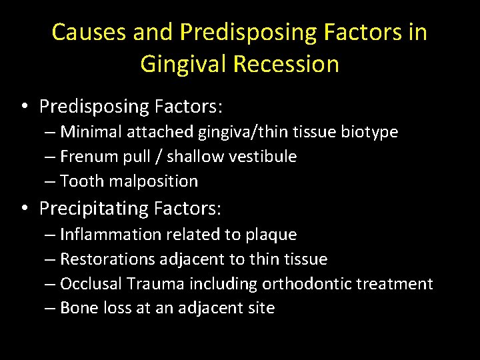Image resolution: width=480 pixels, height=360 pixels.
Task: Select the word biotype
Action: click(369, 132)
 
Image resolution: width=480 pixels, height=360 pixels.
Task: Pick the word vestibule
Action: click(265, 157)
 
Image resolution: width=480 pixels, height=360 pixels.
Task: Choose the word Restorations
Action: click(101, 259)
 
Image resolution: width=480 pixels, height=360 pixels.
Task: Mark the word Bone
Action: click(76, 308)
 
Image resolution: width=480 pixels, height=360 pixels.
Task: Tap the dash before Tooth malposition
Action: click(51, 181)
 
